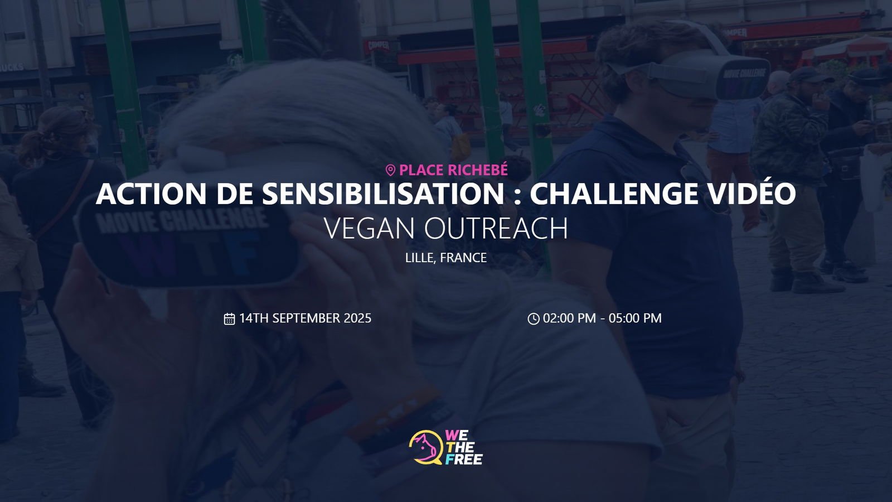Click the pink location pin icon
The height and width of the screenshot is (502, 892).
click(x=390, y=171)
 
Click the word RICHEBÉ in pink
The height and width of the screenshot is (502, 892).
click(x=477, y=170)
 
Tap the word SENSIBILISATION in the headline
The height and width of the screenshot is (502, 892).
click(x=383, y=194)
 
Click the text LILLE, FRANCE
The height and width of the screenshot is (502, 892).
click(x=446, y=258)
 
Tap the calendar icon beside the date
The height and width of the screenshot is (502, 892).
click(x=229, y=318)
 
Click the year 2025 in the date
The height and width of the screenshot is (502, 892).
click(x=357, y=318)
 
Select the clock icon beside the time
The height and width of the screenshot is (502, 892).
click(x=533, y=318)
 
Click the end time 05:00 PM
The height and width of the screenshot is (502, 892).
click(x=635, y=318)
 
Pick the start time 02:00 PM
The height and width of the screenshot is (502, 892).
click(x=569, y=318)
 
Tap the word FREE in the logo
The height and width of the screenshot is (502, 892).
click(x=463, y=460)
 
